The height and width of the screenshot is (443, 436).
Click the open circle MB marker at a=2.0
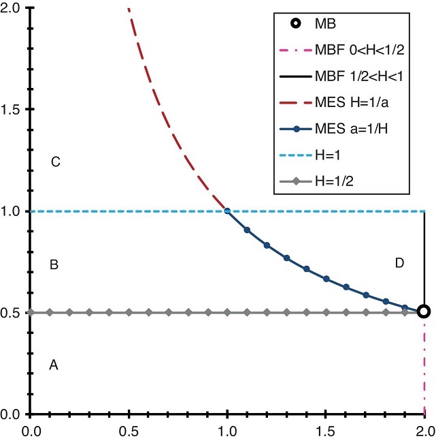pyautogui.click(x=424, y=311)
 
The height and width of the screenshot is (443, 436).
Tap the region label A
pyautogui.click(x=54, y=365)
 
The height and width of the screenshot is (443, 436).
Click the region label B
pyautogui.click(x=54, y=265)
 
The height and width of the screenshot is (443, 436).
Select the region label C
pyautogui.click(x=56, y=162)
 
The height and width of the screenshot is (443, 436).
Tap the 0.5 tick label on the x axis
pyautogui.click(x=129, y=430)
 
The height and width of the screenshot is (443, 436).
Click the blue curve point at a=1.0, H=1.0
pyautogui.click(x=227, y=211)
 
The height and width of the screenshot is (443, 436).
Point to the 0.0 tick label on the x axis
pyautogui.click(x=30, y=430)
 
